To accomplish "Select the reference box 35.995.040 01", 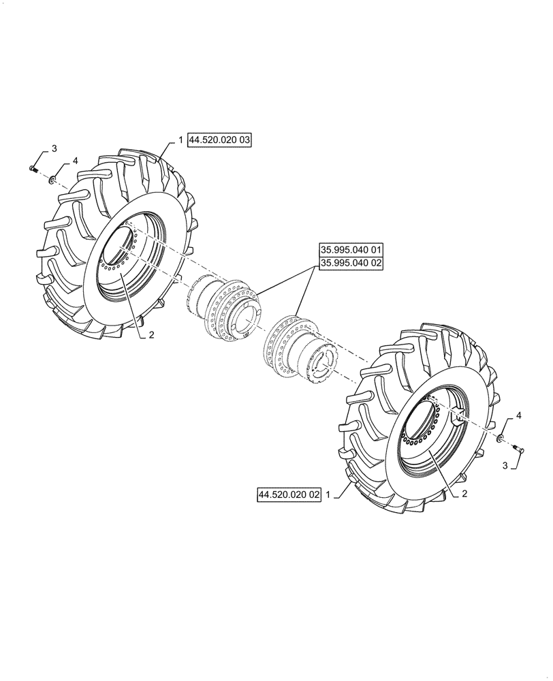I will [349, 250].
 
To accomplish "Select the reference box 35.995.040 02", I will [349, 263].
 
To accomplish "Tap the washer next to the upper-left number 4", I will [52, 179].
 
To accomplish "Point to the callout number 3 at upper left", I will [54, 148].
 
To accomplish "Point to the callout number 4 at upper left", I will [76, 161].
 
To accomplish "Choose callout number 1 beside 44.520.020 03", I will [180, 140].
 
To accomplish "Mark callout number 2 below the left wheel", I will [152, 335].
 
